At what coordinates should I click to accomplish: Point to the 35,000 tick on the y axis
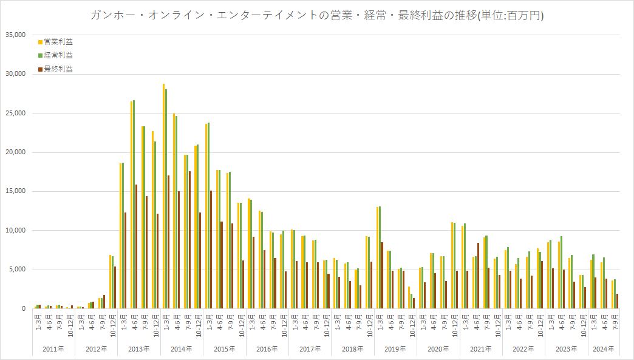coord(15,35)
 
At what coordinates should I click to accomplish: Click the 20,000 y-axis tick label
coord(15,152)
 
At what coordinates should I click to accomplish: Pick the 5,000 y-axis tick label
coord(16,270)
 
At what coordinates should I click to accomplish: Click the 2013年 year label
coord(139,349)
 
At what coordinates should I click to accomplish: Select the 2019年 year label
coord(395,349)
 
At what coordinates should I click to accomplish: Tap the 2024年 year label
coord(603,349)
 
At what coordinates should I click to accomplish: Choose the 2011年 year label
coord(53,349)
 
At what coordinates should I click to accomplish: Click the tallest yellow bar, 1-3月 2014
coord(163,196)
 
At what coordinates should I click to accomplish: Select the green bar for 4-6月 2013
coord(134,205)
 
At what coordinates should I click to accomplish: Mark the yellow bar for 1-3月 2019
coord(377,258)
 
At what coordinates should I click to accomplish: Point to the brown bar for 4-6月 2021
coord(478,276)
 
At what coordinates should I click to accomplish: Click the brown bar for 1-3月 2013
coord(126,260)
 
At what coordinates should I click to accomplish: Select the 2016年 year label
coord(267,349)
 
